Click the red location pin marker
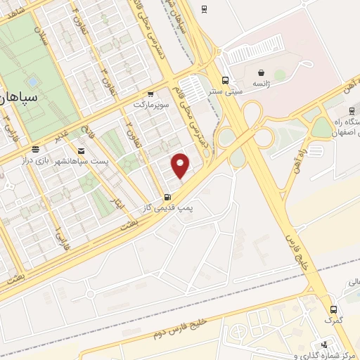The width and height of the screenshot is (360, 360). [x=181, y=165]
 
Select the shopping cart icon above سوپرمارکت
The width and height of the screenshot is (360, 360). [x=150, y=94]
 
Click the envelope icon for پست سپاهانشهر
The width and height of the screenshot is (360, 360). [x=81, y=151]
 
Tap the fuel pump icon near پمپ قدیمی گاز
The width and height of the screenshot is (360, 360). [x=167, y=198]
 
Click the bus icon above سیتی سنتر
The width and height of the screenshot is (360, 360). [x=225, y=80]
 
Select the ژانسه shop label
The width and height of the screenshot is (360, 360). [x=262, y=83]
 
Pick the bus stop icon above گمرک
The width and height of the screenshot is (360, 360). [x=333, y=309]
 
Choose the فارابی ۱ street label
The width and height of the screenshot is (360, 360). [x=59, y=242]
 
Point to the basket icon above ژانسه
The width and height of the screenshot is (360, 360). [x=262, y=72]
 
